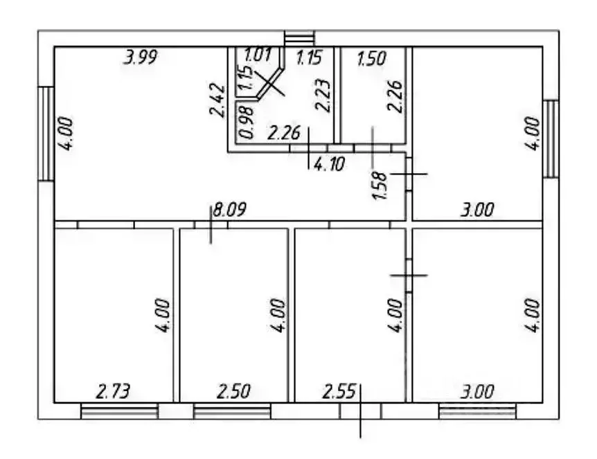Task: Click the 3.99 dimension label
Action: tap(141, 57)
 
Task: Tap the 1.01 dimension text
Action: tap(258, 55)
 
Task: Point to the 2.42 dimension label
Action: tap(217, 100)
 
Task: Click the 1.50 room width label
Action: tap(372, 58)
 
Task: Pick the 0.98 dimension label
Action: tap(247, 122)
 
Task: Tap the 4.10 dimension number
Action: tap(330, 164)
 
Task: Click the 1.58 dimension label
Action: tap(380, 186)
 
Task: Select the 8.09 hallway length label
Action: tap(229, 209)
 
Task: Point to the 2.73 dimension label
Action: tap(113, 391)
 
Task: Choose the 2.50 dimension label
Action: tap(233, 391)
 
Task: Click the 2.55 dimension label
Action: tap(339, 391)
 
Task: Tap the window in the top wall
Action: tap(300, 39)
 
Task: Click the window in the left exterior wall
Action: tap(46, 134)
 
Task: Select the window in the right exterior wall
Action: tap(551, 139)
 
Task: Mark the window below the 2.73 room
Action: tap(120, 411)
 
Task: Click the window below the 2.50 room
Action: tap(232, 411)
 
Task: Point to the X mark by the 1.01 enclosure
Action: tap(269, 82)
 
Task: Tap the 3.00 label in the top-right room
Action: tap(477, 210)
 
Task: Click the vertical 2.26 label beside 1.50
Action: tap(395, 96)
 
